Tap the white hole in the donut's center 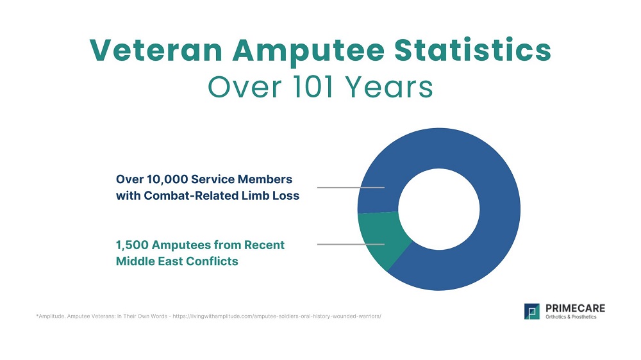tap(439, 210)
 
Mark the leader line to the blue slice tap(351, 188)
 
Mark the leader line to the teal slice tap(351, 244)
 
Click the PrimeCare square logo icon tap(532, 312)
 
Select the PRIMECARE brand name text tap(574, 308)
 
